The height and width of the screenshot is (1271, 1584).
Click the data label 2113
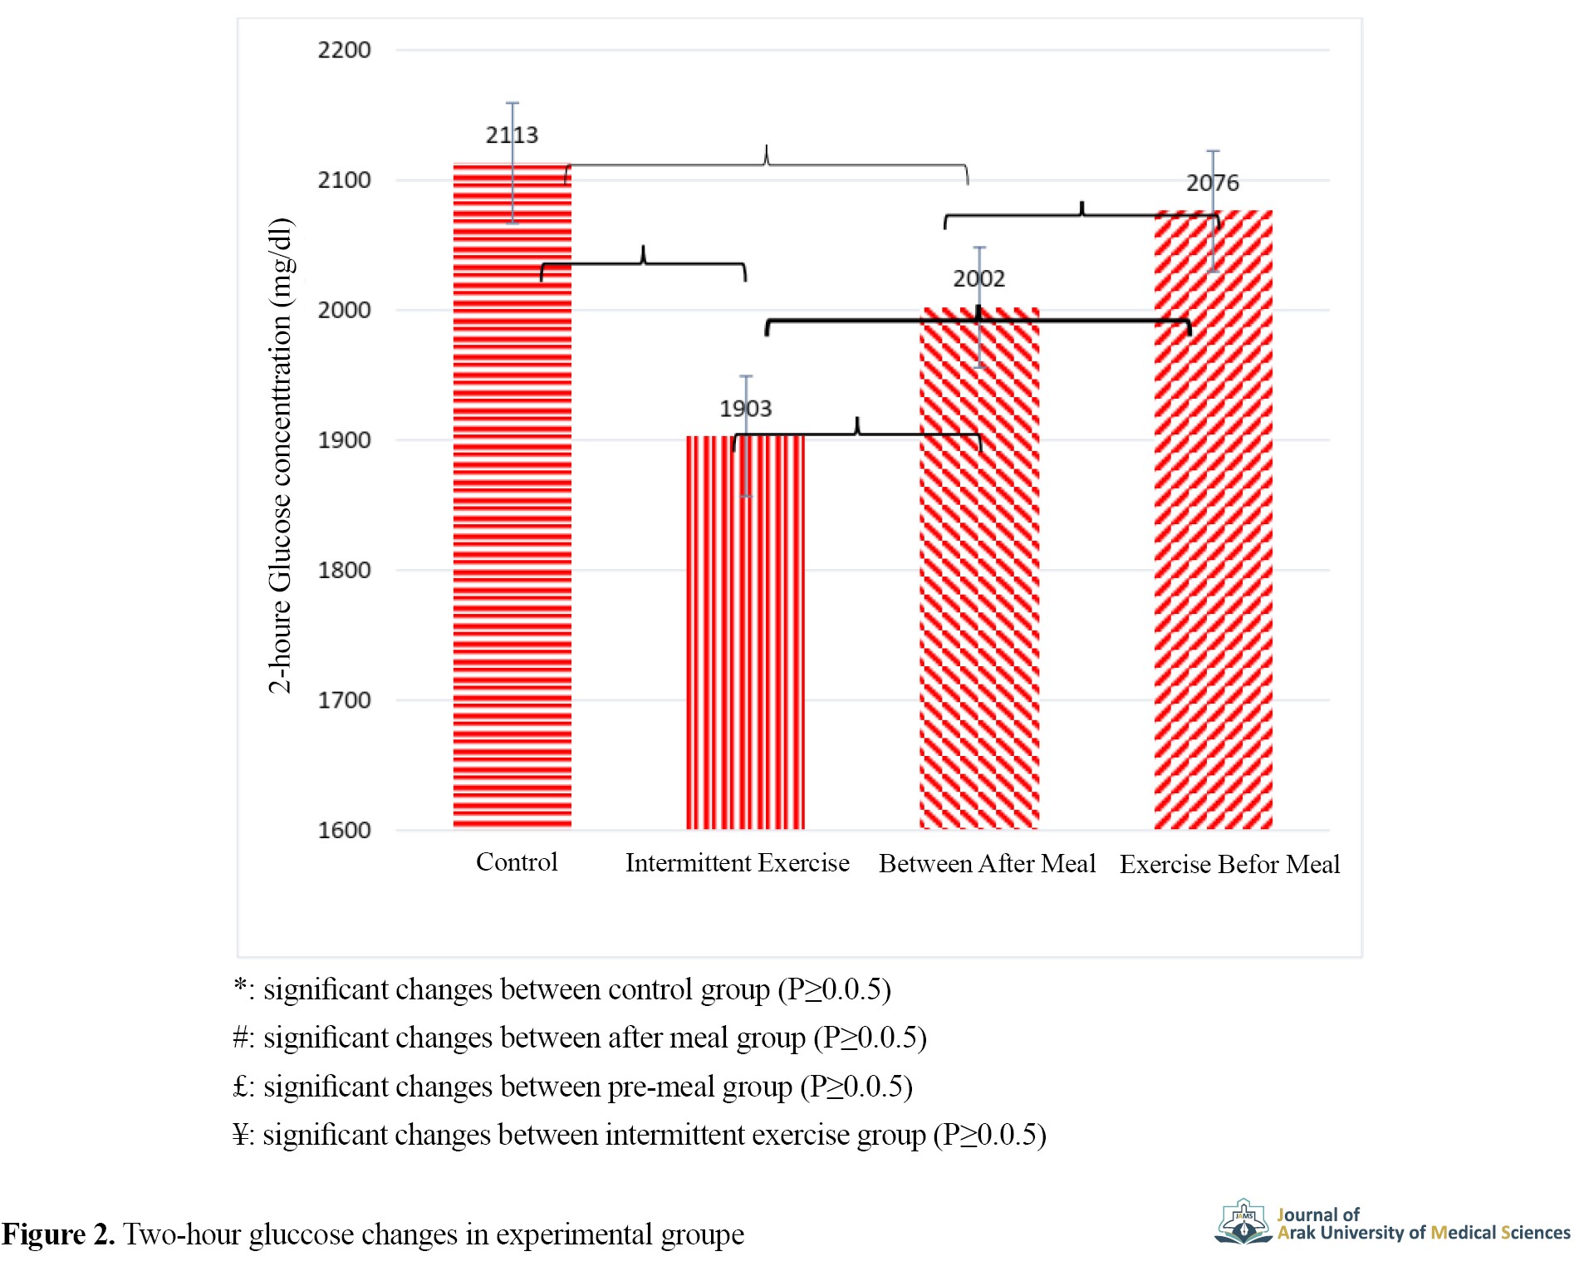(512, 135)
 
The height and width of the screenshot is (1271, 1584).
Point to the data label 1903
(745, 408)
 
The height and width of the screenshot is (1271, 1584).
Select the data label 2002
(978, 278)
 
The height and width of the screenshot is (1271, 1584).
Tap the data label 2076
(1212, 183)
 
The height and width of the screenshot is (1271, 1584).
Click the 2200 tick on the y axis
(344, 50)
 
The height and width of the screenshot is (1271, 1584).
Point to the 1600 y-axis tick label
(344, 830)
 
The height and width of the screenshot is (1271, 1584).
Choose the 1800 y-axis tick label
(344, 570)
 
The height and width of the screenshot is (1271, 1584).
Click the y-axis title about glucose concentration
(281, 455)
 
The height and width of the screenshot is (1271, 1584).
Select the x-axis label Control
(517, 862)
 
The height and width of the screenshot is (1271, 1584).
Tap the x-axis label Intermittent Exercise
(737, 863)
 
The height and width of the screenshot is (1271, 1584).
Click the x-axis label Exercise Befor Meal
(1229, 865)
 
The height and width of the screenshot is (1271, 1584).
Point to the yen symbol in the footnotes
(242, 1135)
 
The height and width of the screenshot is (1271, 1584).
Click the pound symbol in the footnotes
(241, 1087)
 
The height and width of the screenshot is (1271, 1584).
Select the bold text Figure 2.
(57, 1234)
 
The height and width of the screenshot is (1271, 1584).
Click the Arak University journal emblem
(1243, 1222)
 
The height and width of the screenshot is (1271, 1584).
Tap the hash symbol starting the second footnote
(242, 1038)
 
